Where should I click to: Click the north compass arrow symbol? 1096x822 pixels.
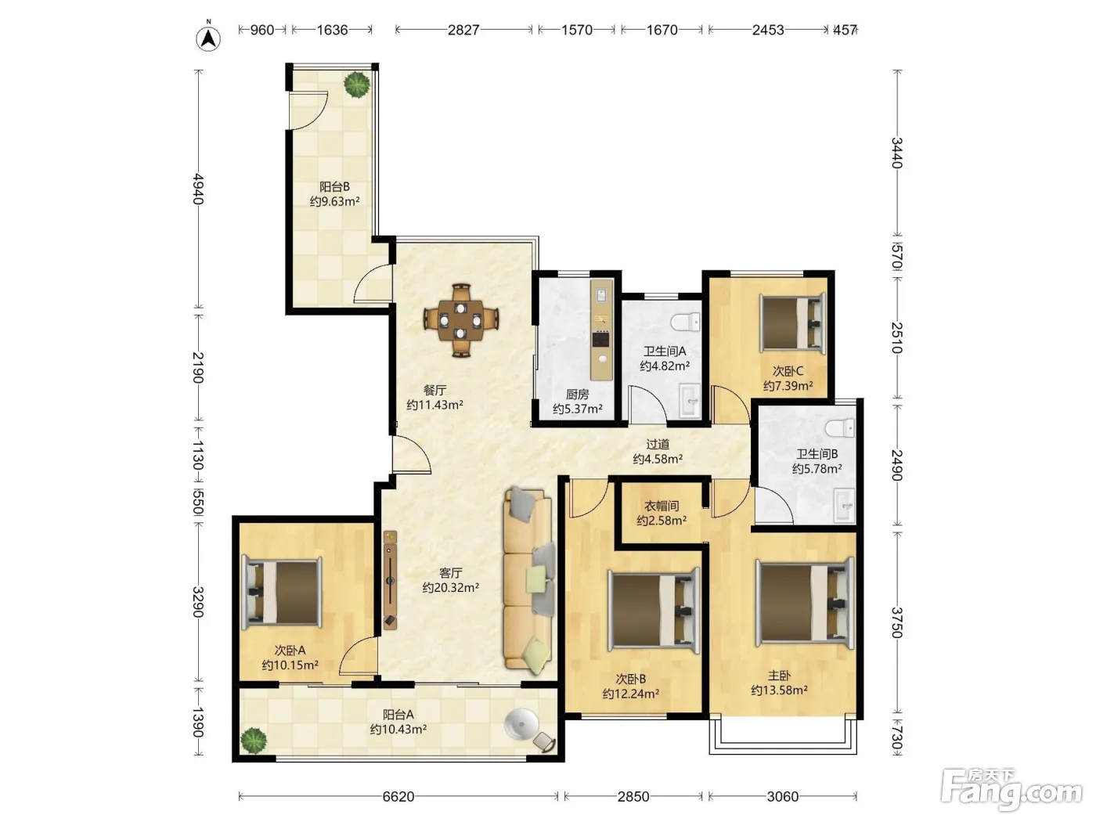[x=208, y=38]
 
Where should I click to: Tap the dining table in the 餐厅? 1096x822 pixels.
[x=461, y=320]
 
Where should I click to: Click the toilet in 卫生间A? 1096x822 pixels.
[x=686, y=322]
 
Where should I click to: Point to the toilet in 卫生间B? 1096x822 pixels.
[x=840, y=428]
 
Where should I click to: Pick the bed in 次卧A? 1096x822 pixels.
[x=282, y=593]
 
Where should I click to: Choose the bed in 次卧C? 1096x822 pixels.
[x=792, y=323]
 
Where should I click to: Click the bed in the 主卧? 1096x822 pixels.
[x=805, y=604]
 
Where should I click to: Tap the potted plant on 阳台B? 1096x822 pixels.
[x=357, y=85]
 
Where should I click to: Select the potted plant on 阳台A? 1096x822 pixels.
[x=254, y=741]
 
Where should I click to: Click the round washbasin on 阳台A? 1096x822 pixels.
[x=521, y=724]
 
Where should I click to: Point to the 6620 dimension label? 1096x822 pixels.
[x=398, y=796]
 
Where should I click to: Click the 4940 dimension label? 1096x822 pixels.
[x=198, y=189]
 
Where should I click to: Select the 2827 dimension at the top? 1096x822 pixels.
[x=463, y=30]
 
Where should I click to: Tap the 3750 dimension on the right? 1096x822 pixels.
[x=897, y=622]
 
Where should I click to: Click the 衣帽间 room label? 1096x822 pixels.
[x=661, y=506]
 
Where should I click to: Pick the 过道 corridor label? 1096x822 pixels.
[x=658, y=444]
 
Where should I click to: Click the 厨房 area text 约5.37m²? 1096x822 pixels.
[x=577, y=409]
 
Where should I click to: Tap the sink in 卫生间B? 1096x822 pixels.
[x=845, y=505]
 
